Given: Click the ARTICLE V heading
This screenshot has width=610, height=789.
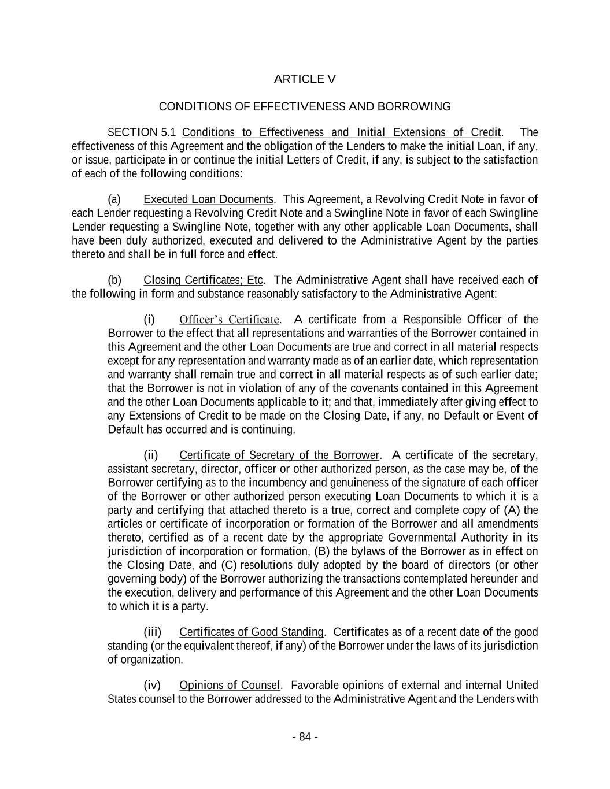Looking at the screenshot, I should (304, 79).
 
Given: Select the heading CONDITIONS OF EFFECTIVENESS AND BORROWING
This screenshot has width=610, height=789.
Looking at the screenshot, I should (304, 107).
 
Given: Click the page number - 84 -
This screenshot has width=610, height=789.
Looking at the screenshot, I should (305, 737).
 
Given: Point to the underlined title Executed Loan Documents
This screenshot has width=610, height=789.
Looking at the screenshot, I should (208, 199).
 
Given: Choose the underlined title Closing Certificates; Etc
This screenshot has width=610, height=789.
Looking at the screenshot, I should (203, 280).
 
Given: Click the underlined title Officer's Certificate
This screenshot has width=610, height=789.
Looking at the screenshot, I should (229, 320).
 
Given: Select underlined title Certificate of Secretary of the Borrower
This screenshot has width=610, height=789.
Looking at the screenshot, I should (279, 455).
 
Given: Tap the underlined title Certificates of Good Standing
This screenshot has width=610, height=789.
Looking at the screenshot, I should (251, 632).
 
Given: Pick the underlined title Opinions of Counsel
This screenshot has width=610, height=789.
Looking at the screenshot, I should (230, 686).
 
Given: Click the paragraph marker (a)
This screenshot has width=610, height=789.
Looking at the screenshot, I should (114, 199).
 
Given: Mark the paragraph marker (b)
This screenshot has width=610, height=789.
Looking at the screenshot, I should (114, 280).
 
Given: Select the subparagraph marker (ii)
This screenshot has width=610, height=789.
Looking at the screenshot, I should (150, 455).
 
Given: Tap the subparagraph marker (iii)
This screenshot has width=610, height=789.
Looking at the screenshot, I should (152, 632).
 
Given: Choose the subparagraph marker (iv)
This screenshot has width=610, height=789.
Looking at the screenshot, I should (151, 686).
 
